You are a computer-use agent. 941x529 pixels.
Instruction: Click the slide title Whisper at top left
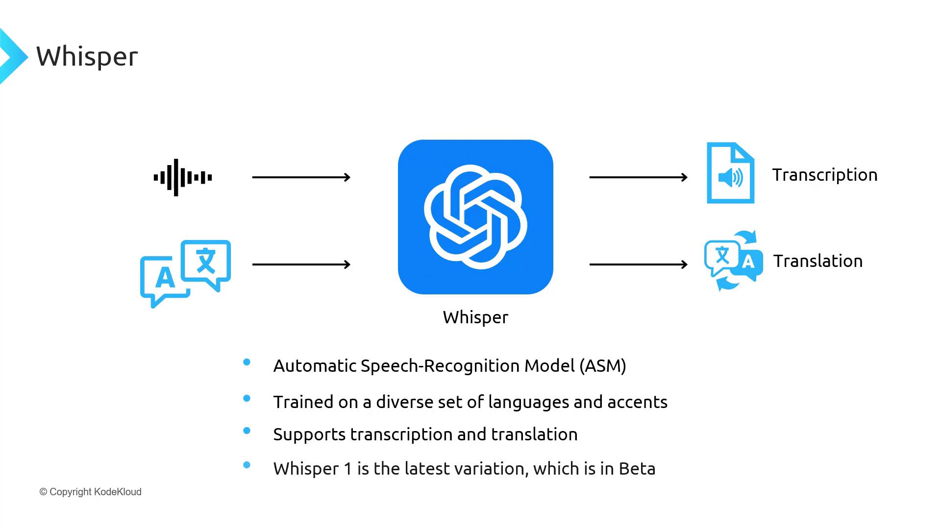point(87,57)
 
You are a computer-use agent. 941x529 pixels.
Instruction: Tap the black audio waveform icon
point(183,177)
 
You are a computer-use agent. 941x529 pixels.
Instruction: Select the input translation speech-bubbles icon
point(185,274)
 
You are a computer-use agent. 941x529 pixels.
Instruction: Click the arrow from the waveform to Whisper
point(301,177)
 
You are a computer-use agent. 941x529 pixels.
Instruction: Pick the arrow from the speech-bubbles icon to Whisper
point(301,264)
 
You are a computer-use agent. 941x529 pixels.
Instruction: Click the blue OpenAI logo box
point(475,217)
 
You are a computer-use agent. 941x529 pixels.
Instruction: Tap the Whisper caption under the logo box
point(475,318)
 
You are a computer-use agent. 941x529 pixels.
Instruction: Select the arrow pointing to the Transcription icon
point(639,177)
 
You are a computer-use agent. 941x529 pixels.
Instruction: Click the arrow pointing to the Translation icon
point(639,264)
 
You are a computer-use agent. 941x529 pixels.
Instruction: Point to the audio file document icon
point(730,173)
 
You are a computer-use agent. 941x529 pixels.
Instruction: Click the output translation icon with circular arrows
point(734,261)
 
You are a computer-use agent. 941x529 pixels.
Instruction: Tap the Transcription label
point(825,175)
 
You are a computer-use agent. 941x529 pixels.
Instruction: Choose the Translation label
point(818,262)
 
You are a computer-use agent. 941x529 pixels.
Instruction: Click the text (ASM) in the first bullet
point(603,366)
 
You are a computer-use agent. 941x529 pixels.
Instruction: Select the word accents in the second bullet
point(637,403)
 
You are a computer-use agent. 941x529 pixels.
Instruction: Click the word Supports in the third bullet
point(309,435)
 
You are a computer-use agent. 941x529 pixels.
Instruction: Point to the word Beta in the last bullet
point(637,469)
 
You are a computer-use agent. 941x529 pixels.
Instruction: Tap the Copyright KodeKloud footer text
point(91,492)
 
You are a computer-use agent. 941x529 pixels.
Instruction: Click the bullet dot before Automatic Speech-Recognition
point(247,362)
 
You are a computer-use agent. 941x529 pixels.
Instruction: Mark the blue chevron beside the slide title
point(14,56)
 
